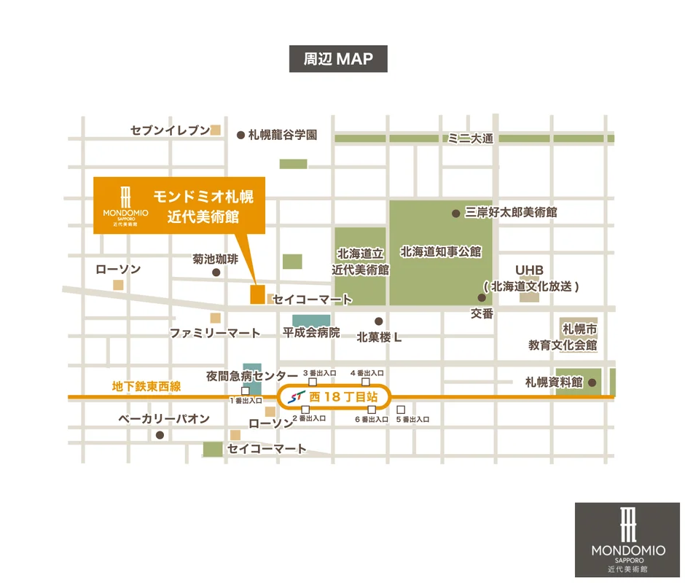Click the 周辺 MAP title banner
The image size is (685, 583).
(x=337, y=59)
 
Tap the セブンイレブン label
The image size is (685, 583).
(x=170, y=130)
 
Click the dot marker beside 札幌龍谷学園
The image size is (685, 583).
(x=241, y=135)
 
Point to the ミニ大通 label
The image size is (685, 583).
(x=471, y=138)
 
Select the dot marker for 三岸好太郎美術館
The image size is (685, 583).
(x=456, y=213)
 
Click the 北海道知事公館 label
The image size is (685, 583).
(x=440, y=251)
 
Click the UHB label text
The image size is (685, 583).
(x=530, y=270)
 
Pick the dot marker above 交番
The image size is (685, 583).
(x=482, y=297)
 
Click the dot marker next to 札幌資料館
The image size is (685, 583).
(x=592, y=382)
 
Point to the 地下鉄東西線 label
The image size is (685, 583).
(x=146, y=386)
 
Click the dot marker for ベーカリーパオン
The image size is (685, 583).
(x=160, y=435)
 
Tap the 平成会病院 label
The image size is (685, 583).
(x=311, y=332)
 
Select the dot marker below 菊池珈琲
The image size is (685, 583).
(x=216, y=273)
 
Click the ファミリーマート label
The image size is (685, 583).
(x=215, y=333)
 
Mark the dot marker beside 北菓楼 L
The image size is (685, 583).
(x=378, y=321)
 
